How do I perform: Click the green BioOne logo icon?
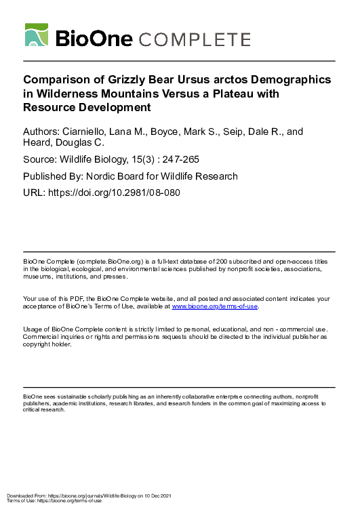[x=37, y=35]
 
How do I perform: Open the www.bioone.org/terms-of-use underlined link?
[x=215, y=306]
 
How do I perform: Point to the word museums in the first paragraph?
[x=37, y=277]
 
